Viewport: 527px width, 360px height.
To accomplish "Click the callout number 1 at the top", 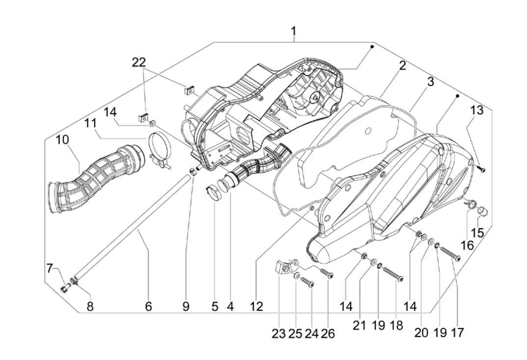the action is click(293, 31).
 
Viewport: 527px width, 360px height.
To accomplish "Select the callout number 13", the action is click(477, 110).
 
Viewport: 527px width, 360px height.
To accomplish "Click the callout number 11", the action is click(90, 123).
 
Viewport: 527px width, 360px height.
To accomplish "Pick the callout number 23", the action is click(279, 334).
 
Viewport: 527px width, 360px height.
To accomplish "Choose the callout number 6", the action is click(149, 306).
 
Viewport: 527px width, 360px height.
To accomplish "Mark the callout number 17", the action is click(456, 333).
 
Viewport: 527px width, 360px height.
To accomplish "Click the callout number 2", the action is click(402, 65).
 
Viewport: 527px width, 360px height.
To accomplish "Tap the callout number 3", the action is click(430, 82).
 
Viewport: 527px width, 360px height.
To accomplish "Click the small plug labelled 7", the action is click(64, 288).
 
